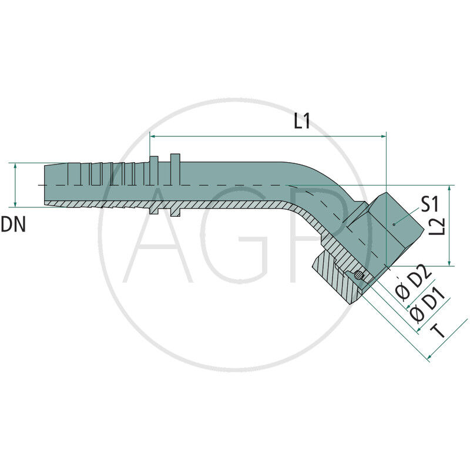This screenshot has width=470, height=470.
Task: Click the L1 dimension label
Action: point(302,122)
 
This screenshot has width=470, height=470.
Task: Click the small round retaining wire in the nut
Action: point(358,275)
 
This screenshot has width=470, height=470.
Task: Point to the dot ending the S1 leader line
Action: point(394,224)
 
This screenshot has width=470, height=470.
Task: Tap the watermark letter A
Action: point(159,235)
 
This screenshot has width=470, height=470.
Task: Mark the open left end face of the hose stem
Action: point(45,185)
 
